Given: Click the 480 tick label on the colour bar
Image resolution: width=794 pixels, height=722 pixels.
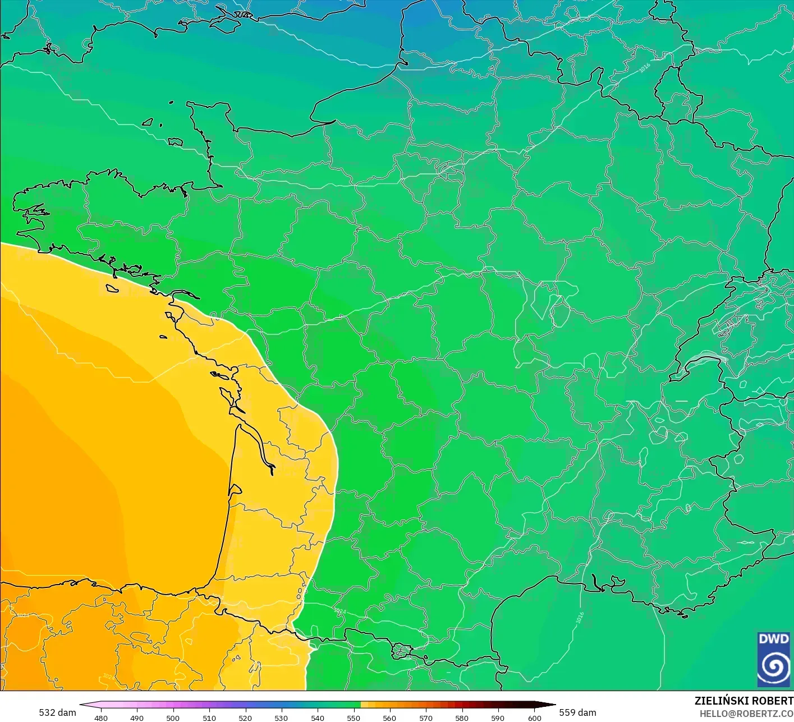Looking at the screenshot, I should [101, 718].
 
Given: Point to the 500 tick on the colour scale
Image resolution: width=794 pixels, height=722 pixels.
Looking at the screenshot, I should [173, 718].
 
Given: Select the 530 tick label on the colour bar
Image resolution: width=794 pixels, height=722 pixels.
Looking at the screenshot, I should [281, 718].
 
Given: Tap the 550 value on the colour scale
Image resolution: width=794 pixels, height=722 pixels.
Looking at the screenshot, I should [354, 718].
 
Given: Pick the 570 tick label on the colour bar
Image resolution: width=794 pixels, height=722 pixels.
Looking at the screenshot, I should [426, 718].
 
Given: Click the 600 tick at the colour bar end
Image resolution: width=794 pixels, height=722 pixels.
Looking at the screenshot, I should [535, 718].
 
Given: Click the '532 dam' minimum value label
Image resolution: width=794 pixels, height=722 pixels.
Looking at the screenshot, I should [57, 712].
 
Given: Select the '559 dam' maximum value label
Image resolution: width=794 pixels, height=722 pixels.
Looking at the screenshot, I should [577, 712].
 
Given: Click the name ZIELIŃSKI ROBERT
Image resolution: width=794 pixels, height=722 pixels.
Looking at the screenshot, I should [743, 701].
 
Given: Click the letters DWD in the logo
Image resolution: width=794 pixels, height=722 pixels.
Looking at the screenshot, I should [773, 639].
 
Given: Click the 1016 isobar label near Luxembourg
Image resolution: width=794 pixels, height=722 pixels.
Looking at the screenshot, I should [645, 67].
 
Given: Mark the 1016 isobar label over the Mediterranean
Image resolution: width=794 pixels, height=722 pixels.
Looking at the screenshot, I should [580, 618].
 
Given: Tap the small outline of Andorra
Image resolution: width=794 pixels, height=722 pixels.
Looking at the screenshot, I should [402, 651].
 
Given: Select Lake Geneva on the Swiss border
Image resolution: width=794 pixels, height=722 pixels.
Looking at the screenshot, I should [708, 359].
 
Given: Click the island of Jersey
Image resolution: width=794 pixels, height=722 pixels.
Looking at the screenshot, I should [175, 142].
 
